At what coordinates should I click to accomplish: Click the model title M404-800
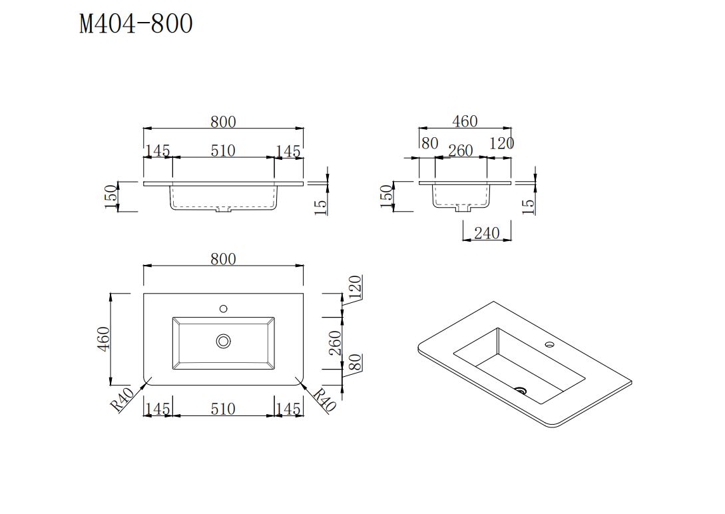tap(136, 24)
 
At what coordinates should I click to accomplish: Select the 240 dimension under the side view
tap(487, 233)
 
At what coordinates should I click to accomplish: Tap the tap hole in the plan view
tap(224, 308)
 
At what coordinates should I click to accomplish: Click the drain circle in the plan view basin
tap(224, 341)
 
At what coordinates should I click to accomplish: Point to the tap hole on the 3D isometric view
tap(550, 345)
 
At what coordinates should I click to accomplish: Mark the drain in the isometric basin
tap(522, 390)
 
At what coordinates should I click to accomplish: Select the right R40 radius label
tap(324, 401)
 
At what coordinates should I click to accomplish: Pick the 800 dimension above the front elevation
tap(223, 122)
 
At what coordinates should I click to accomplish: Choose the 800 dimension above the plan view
tap(223, 259)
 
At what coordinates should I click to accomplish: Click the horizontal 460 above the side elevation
tap(465, 121)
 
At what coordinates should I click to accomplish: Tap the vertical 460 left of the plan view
tap(104, 339)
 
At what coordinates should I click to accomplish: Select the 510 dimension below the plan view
tap(223, 408)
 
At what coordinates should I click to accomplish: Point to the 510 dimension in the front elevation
tap(223, 151)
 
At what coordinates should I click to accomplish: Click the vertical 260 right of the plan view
tap(336, 343)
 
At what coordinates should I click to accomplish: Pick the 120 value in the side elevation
tap(501, 143)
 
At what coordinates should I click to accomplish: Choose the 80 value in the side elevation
tap(430, 143)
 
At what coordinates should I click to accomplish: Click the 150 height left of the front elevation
tap(111, 196)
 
